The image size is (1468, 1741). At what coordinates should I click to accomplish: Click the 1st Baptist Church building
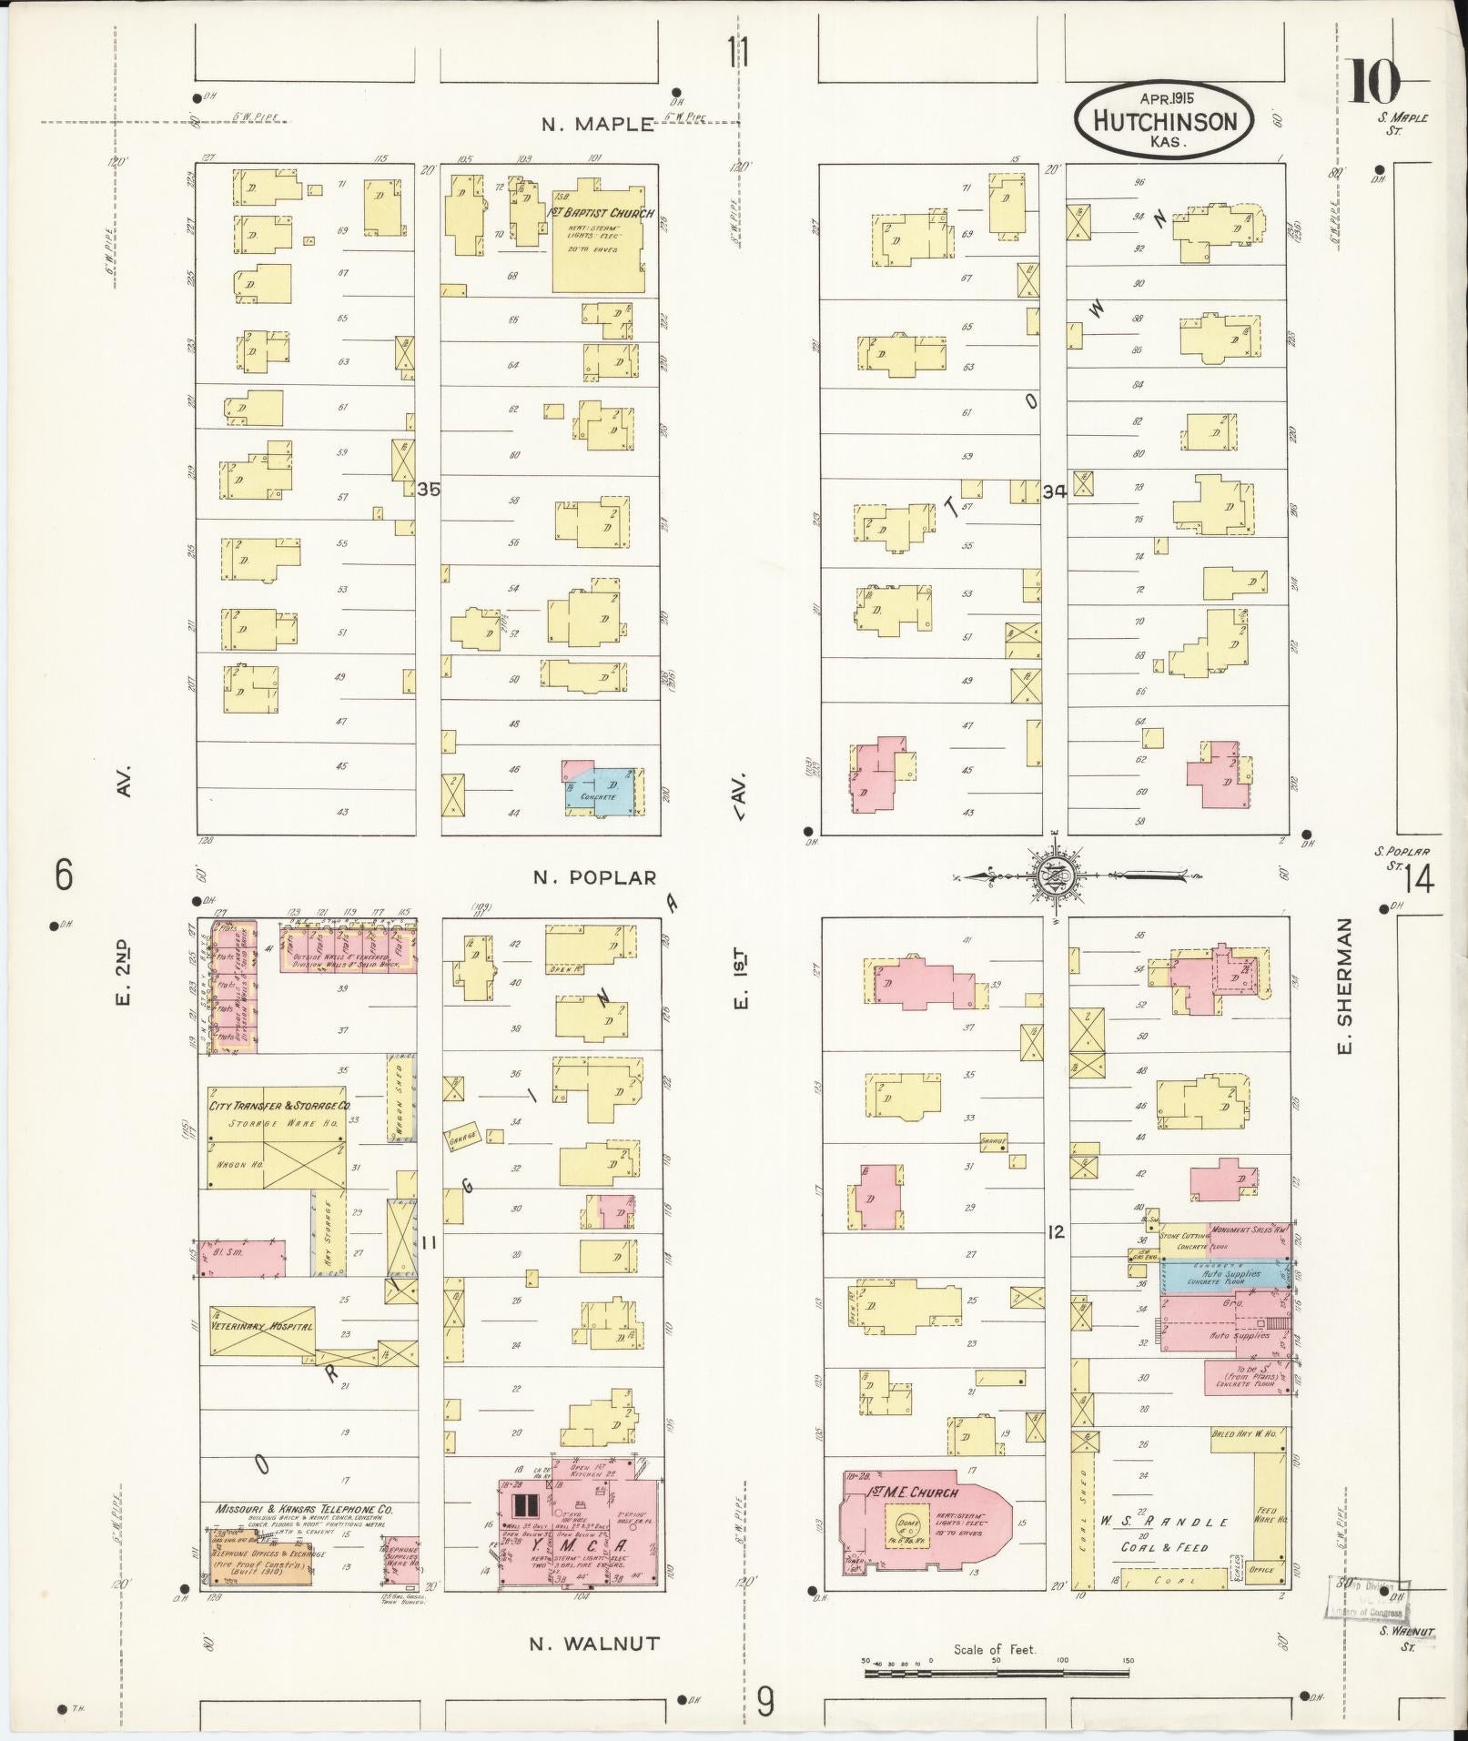598,241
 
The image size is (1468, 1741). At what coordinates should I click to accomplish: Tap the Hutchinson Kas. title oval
1163,121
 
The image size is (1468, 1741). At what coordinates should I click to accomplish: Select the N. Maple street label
598,125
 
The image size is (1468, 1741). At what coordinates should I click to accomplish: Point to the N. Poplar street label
594,877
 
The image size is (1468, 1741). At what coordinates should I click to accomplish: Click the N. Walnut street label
593,1644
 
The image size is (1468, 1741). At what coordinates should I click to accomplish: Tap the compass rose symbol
1054,876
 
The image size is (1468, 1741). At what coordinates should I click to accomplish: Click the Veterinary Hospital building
262,1328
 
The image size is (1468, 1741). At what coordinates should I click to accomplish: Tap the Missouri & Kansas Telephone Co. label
304,1508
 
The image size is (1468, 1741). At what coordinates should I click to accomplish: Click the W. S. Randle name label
1164,1522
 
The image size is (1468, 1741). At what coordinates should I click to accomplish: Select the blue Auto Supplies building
1229,1275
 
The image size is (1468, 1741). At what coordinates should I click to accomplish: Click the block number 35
428,490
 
